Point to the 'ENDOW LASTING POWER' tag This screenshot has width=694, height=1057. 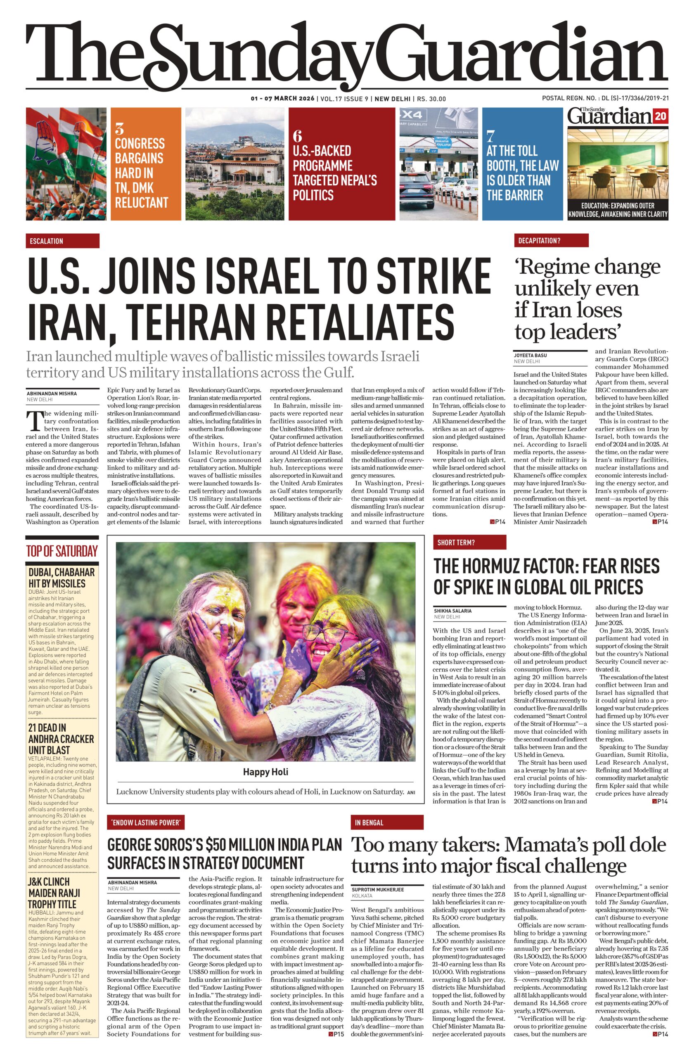pos(146,822)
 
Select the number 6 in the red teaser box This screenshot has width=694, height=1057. pos(297,135)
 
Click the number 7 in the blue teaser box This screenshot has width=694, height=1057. pos(490,135)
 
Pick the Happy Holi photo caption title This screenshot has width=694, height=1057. pos(265,772)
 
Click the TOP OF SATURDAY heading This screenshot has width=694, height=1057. pos(62,551)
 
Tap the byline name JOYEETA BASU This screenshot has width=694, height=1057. pos(530,355)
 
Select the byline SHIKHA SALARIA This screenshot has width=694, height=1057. pos(452,611)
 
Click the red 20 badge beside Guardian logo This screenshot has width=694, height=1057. pos(660,116)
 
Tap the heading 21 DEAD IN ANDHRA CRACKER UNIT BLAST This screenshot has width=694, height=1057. pos(61,739)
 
